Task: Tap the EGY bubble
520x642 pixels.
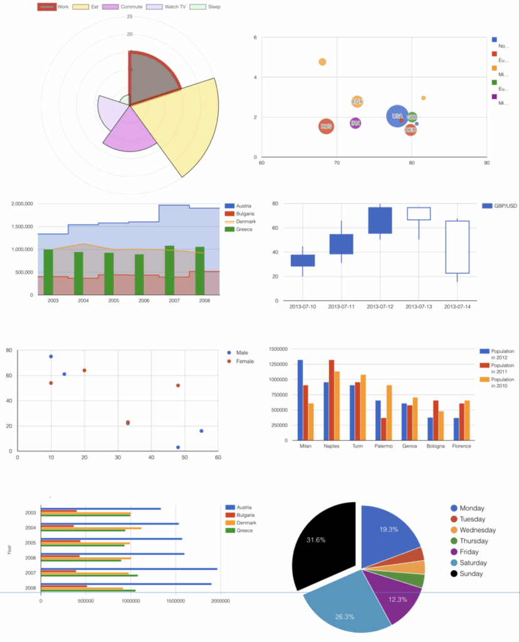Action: pos(357,102)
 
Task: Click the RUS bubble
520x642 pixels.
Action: pos(326,127)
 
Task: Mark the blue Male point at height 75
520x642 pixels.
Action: pos(51,357)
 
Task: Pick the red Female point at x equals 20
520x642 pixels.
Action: pos(85,371)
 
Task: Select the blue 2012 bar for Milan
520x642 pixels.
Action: pos(300,400)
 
